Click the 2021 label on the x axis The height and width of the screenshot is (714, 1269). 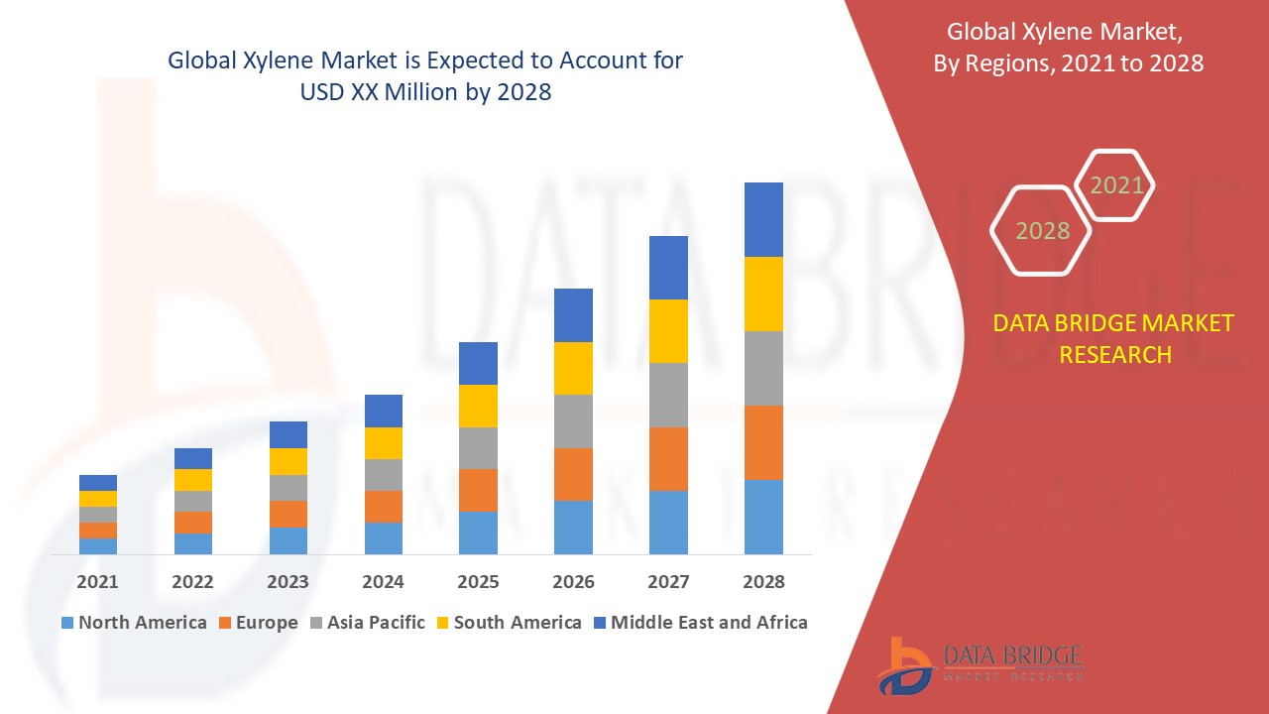(97, 582)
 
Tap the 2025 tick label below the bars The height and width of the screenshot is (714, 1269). (478, 582)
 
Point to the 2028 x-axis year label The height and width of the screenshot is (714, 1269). (763, 582)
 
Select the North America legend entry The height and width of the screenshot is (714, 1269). (134, 623)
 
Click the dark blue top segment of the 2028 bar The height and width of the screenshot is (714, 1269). (763, 219)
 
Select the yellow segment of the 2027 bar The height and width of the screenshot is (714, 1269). (668, 330)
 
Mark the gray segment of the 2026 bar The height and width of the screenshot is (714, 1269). (573, 421)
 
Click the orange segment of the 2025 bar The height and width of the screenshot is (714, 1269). (478, 490)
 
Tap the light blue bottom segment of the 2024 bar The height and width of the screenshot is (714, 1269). (383, 537)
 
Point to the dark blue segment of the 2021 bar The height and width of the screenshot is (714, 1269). (97, 483)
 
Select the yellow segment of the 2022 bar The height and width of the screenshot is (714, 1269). (192, 480)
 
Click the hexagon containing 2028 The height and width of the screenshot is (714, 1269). (1041, 230)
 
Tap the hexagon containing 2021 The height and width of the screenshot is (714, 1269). (1115, 185)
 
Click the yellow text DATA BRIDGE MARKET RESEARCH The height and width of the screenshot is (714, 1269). (1114, 339)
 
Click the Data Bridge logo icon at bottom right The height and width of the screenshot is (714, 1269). (904, 664)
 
